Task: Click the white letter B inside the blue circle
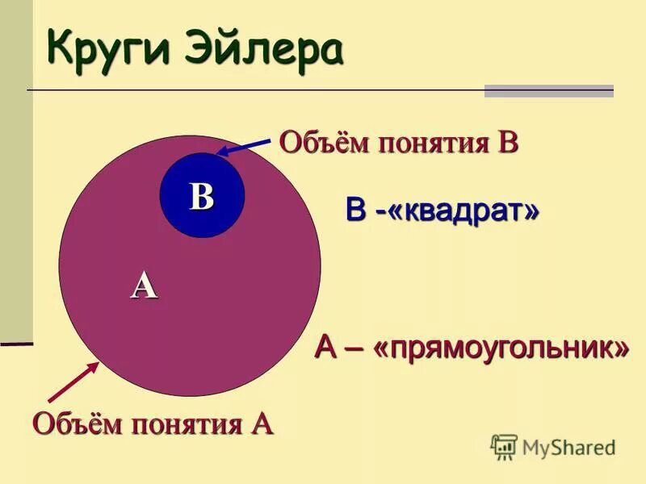(202, 196)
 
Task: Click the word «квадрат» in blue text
(456, 211)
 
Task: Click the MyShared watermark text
(569, 446)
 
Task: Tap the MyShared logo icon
(504, 446)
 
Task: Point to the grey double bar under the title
(549, 91)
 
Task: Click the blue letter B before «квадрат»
(355, 211)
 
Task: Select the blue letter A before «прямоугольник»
(325, 348)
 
